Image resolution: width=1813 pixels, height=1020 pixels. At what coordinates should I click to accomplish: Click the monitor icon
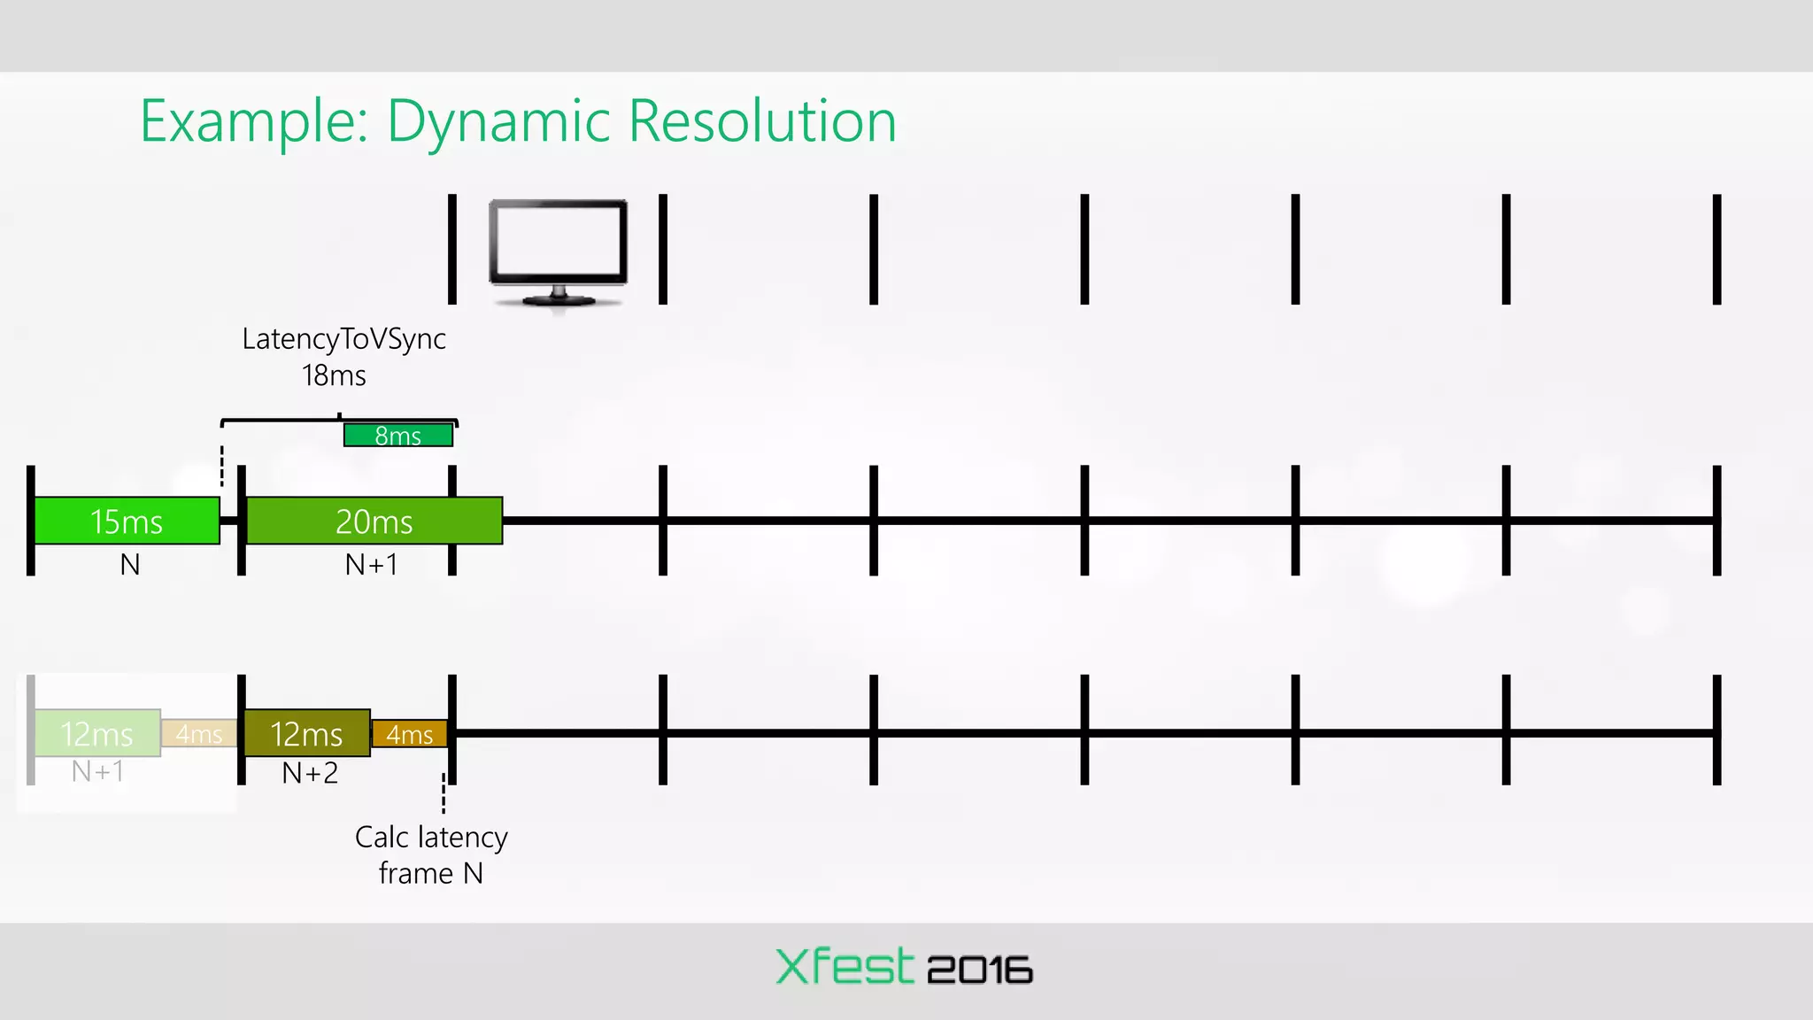pyautogui.click(x=559, y=252)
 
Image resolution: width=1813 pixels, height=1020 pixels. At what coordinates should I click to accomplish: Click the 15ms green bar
pyautogui.click(x=127, y=521)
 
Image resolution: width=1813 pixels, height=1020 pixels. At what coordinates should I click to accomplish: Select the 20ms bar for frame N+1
pyautogui.click(x=374, y=521)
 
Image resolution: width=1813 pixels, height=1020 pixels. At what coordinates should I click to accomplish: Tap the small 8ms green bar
pyautogui.click(x=398, y=436)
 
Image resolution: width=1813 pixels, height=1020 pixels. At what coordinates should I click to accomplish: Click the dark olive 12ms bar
pyautogui.click(x=306, y=733)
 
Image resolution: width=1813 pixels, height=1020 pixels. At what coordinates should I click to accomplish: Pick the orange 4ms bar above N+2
pyautogui.click(x=409, y=734)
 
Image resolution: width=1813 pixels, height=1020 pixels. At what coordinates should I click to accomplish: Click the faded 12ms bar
pyautogui.click(x=96, y=733)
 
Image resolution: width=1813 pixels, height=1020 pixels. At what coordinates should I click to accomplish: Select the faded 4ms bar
pyautogui.click(x=199, y=734)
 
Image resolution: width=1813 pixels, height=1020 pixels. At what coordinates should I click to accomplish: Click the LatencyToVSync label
pyautogui.click(x=343, y=339)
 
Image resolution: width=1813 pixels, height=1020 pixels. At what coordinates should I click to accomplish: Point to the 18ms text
pyautogui.click(x=334, y=376)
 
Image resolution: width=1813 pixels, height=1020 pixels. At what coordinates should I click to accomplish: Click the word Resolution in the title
pyautogui.click(x=762, y=121)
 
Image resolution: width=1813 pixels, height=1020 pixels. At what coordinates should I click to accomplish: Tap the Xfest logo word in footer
pyautogui.click(x=844, y=967)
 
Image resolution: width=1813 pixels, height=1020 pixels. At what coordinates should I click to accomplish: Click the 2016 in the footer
pyautogui.click(x=980, y=970)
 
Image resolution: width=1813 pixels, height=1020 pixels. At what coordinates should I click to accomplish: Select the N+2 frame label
pyautogui.click(x=310, y=774)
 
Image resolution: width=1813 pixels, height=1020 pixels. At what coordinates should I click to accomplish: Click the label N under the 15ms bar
pyautogui.click(x=130, y=565)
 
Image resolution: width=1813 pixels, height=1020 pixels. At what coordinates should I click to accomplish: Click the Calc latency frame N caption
pyautogui.click(x=431, y=855)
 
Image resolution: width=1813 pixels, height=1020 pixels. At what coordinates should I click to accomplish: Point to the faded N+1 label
pyautogui.click(x=97, y=772)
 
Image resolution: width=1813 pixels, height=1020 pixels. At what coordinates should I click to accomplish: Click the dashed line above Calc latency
pyautogui.click(x=444, y=793)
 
